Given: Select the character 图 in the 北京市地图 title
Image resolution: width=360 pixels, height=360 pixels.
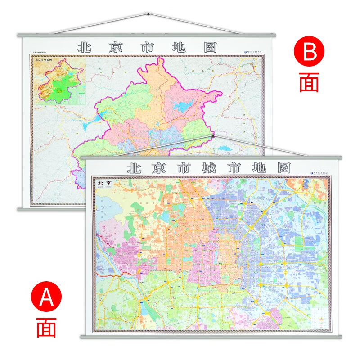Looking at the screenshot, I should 208,47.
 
